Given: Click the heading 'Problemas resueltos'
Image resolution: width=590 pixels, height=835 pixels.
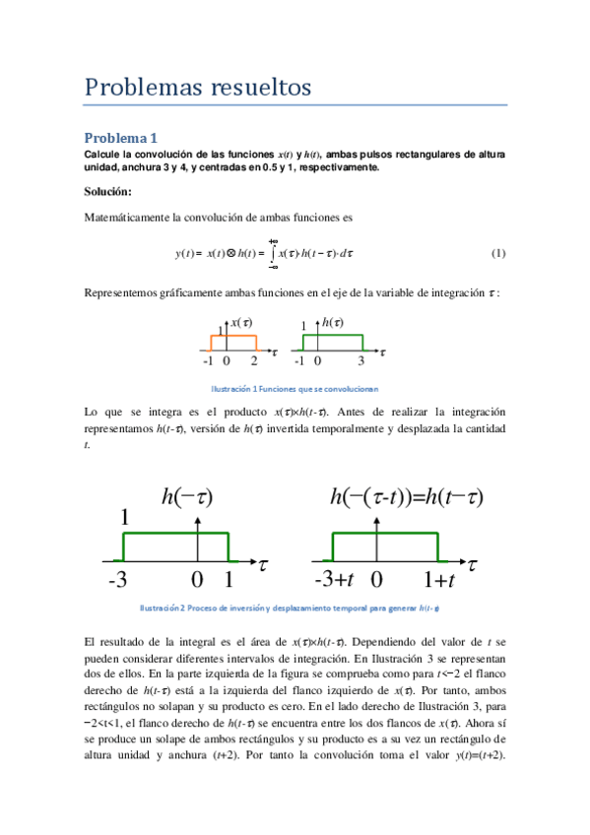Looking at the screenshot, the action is coord(198,88).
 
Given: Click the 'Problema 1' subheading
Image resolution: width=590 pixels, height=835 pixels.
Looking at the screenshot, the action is coord(120,138).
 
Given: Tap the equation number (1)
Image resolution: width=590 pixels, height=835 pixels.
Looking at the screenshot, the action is coord(497,253).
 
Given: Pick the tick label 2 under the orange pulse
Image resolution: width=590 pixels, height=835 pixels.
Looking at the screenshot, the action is coord(253,361).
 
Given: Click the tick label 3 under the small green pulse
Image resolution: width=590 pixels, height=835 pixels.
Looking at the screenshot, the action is coord(361,361).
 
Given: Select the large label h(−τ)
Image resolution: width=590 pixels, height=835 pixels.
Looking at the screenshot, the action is coord(187,497).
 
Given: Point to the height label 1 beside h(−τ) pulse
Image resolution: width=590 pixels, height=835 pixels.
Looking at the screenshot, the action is coord(125,518).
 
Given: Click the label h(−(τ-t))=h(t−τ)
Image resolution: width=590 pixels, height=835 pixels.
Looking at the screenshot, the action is coord(406,497).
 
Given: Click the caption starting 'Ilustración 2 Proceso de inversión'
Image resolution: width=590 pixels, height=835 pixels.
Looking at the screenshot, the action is coord(295,608).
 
